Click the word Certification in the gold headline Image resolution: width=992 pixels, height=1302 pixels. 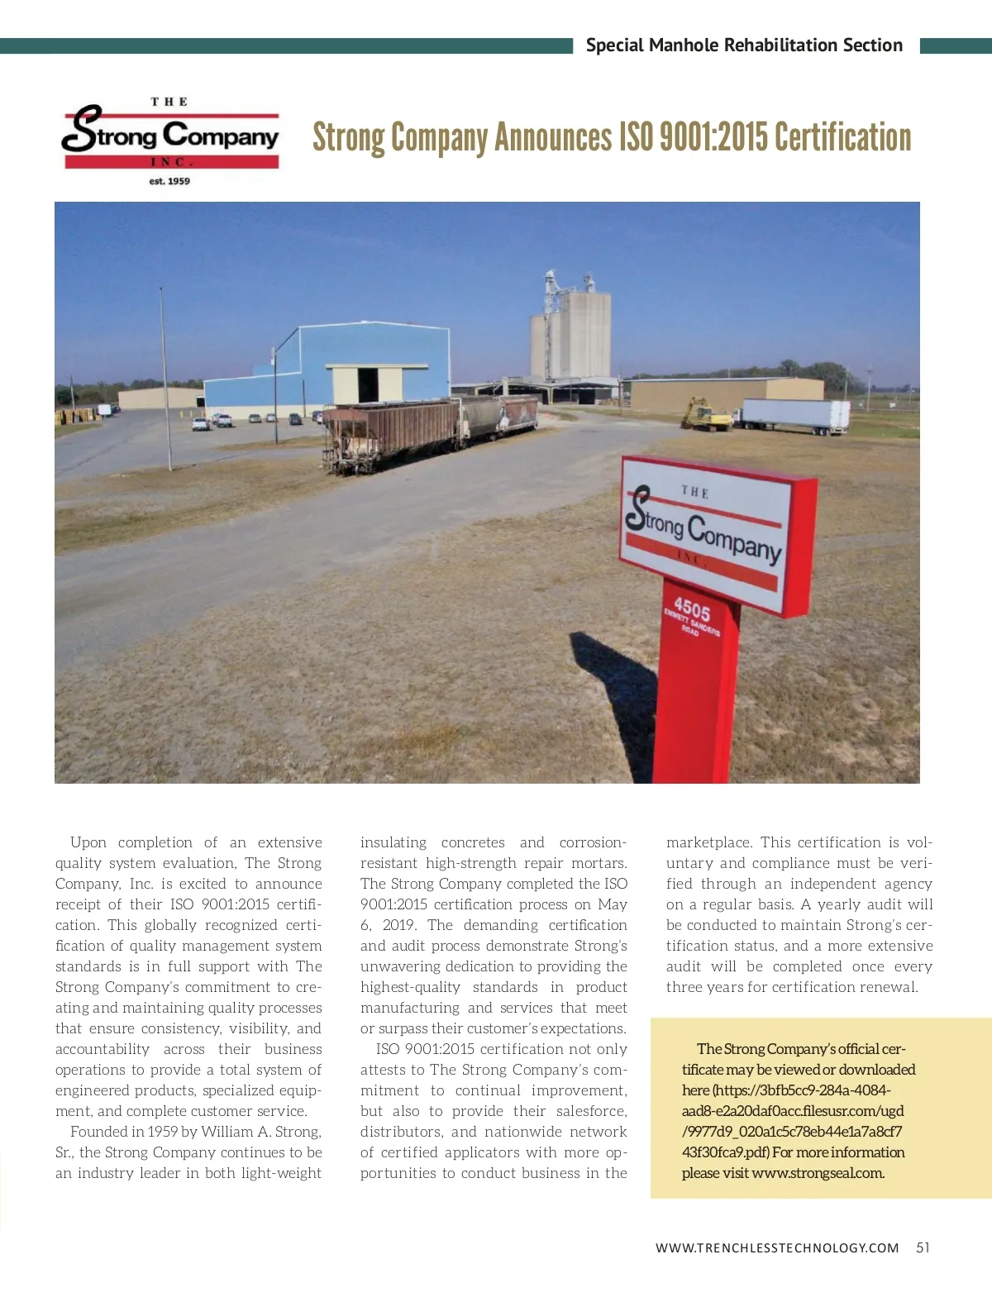click(x=843, y=138)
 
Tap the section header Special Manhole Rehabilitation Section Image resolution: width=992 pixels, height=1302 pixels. click(x=744, y=45)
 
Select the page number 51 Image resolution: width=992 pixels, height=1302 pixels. click(x=923, y=1247)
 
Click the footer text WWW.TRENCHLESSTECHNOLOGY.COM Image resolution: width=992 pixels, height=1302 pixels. click(x=777, y=1247)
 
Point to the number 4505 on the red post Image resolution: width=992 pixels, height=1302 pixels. click(x=692, y=610)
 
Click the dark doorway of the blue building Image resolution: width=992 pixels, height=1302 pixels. click(x=367, y=385)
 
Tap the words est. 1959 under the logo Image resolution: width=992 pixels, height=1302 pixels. click(x=169, y=181)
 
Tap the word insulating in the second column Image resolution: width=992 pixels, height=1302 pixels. click(x=393, y=842)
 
